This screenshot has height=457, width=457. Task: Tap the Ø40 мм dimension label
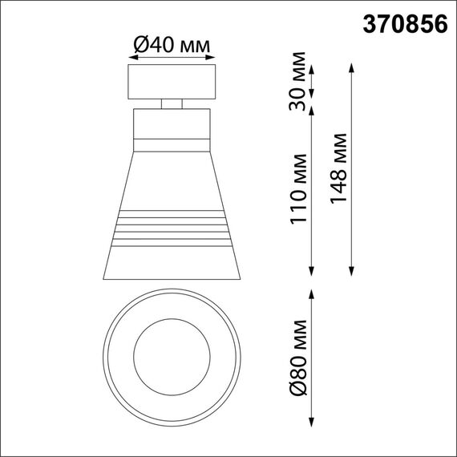pos(172,47)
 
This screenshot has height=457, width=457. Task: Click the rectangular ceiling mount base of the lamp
pos(172,83)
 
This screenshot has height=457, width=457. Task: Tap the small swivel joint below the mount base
pos(172,103)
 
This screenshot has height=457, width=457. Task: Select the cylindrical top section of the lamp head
pos(172,128)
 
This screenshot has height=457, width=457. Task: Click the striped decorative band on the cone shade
pos(172,228)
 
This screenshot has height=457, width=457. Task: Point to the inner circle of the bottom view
pos(172,353)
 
